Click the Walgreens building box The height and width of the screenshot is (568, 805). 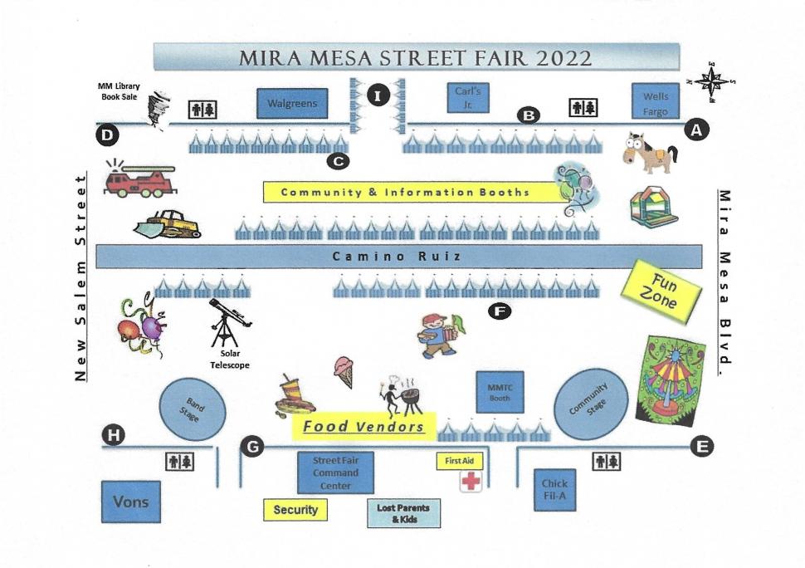click(292, 103)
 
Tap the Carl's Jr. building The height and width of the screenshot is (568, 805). click(468, 98)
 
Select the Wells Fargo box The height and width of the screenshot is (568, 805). click(656, 101)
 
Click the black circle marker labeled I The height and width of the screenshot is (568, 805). click(378, 95)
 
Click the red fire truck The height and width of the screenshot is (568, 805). click(139, 179)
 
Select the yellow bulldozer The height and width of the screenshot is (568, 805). click(168, 224)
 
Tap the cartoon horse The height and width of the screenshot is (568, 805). click(649, 152)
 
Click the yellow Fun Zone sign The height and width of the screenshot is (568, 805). click(661, 291)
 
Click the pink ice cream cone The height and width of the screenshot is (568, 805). click(344, 372)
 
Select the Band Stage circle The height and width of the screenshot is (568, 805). click(193, 409)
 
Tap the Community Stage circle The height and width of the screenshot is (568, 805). click(591, 404)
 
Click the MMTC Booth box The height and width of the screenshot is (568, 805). click(500, 392)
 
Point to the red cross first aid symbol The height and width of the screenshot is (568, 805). click(471, 482)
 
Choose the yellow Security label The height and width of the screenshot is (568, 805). click(295, 510)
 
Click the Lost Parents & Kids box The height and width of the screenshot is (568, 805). click(403, 513)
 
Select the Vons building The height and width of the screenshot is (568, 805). click(131, 502)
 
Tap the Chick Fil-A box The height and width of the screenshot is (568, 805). click(554, 490)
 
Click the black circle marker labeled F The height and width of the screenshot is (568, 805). click(500, 311)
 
